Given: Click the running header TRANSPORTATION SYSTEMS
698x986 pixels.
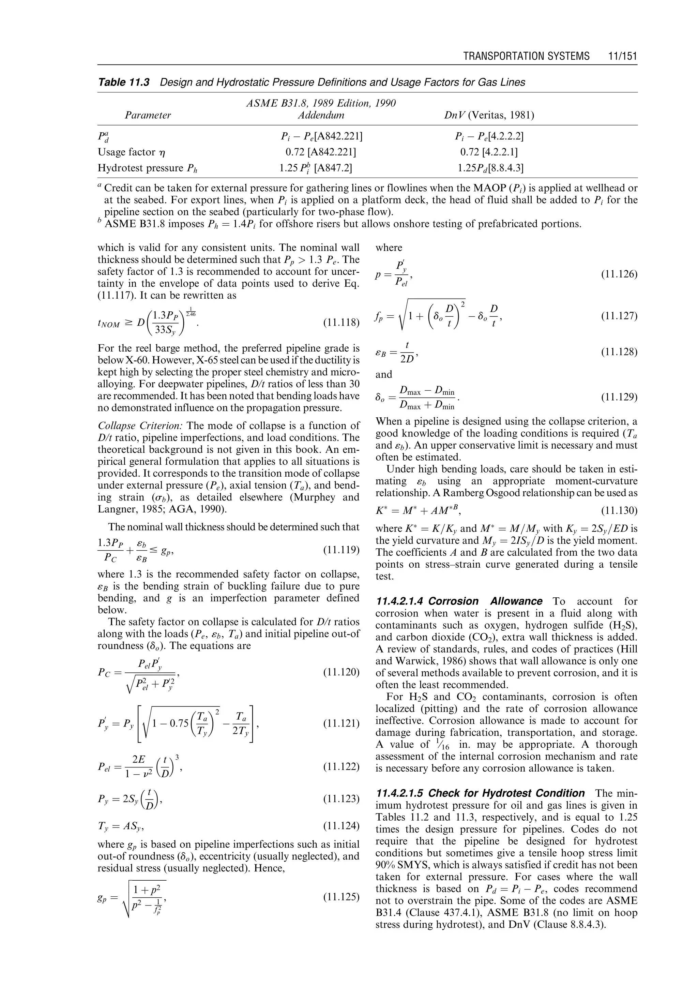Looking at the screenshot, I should coord(527,56).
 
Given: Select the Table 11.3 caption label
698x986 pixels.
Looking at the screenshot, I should coord(123,82).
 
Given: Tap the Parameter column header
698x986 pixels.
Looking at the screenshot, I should coord(148,115).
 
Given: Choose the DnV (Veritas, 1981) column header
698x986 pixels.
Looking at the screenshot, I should coord(489,115).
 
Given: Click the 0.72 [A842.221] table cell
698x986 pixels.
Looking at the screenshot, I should coord(321,152).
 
